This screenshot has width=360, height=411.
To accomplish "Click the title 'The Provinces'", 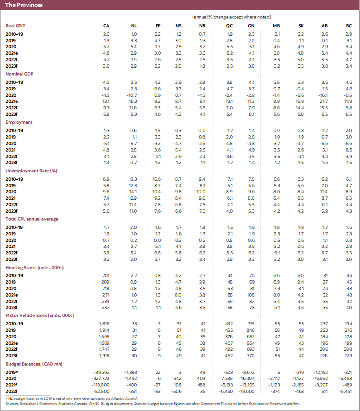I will click(x=24, y=5).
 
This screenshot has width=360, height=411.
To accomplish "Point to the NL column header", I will click(x=134, y=25).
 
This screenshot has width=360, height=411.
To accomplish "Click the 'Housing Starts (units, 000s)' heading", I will click(x=34, y=267).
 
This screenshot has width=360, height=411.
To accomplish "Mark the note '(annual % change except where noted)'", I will click(x=232, y=17).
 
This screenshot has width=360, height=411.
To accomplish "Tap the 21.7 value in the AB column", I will click(x=324, y=101).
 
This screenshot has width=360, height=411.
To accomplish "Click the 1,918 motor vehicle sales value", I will click(x=103, y=354).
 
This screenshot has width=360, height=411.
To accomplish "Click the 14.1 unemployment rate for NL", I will click(x=133, y=191).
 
